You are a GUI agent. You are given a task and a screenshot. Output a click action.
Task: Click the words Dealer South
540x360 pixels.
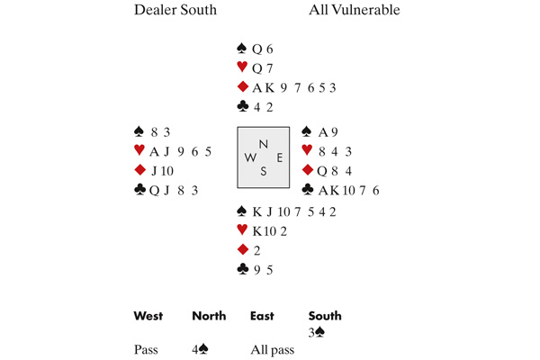point(175,10)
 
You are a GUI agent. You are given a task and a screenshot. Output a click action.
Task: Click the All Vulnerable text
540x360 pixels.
point(355,10)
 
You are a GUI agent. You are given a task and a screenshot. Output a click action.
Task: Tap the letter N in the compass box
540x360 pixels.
point(264,144)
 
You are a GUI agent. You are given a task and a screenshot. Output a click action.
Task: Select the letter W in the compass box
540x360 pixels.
point(250,157)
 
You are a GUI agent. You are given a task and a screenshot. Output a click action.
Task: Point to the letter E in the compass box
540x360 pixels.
point(279,157)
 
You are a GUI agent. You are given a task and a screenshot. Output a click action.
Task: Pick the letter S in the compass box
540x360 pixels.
point(264,171)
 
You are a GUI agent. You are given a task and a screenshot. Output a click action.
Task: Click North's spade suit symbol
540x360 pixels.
point(242,49)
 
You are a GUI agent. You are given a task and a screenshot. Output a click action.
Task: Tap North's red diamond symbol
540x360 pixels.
point(243,86)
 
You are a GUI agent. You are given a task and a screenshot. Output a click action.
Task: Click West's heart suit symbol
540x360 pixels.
point(139,150)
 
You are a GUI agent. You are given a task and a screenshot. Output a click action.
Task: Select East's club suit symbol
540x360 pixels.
point(307,189)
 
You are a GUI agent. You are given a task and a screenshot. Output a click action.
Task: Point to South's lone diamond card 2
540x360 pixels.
point(256,251)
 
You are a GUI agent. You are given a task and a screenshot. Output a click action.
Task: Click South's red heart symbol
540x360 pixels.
point(242,229)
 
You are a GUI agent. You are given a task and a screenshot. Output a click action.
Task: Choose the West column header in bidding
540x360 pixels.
point(148,316)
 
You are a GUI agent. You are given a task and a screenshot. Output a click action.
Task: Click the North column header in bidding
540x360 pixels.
point(209,316)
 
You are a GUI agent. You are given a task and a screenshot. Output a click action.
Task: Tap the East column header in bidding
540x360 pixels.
point(262,316)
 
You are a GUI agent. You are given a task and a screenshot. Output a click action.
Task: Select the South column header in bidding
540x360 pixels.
point(325,316)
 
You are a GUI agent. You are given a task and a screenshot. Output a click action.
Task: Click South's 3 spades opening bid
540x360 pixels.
point(317,332)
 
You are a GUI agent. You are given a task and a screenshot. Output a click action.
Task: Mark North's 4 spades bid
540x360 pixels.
point(200,350)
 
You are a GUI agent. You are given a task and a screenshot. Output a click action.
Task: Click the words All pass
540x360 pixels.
point(273,350)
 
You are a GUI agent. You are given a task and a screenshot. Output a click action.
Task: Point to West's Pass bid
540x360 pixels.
point(146,350)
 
